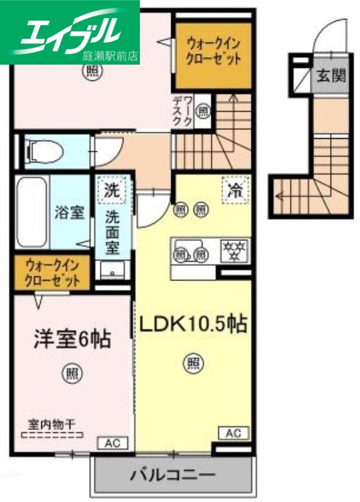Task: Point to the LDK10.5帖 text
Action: pyautogui.click(x=192, y=324)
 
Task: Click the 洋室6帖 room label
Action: pyautogui.click(x=71, y=339)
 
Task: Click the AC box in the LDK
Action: pyautogui.click(x=233, y=433)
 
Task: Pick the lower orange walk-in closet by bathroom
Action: pyautogui.click(x=53, y=271)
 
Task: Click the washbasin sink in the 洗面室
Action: pyautogui.click(x=113, y=271)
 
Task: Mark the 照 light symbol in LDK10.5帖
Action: pyautogui.click(x=193, y=363)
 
